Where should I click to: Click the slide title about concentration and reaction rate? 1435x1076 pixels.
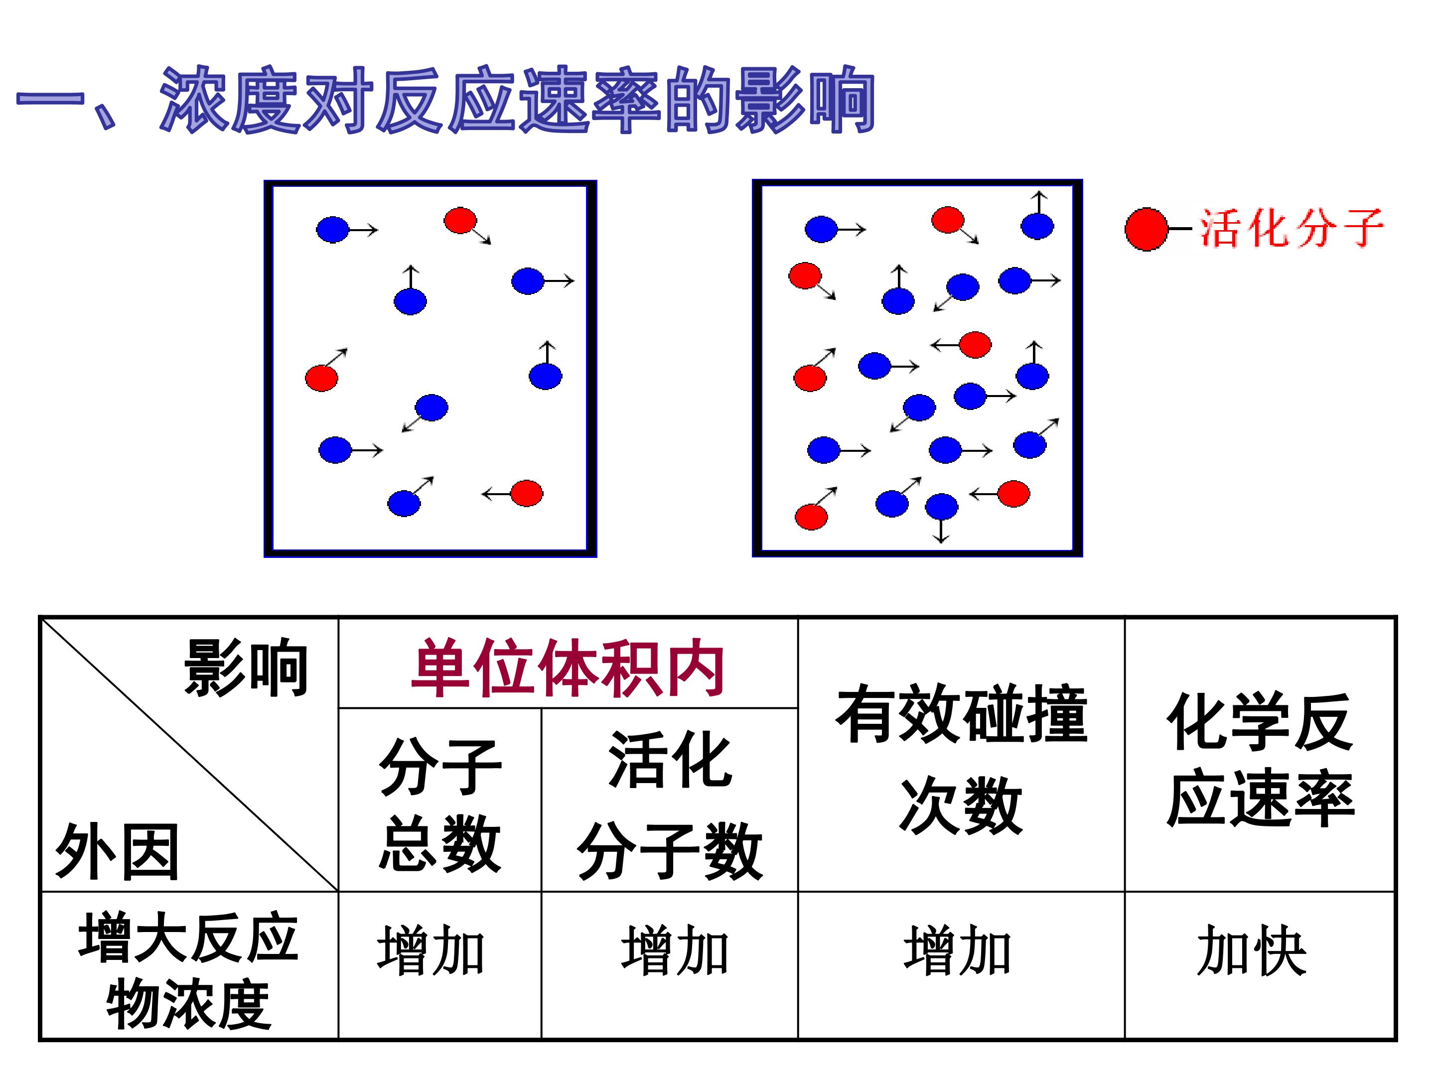[x=445, y=101]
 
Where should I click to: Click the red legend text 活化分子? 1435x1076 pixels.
[x=1291, y=228]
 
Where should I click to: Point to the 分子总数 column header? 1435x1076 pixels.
[x=440, y=805]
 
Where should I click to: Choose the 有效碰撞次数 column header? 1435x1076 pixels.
[x=962, y=759]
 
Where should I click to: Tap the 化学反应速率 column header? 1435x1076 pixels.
[x=1260, y=760]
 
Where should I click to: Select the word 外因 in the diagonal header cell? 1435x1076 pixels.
[x=117, y=851]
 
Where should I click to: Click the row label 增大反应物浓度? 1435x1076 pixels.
[x=188, y=970]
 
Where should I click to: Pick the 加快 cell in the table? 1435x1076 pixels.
[x=1252, y=951]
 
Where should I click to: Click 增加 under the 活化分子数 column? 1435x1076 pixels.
[x=675, y=951]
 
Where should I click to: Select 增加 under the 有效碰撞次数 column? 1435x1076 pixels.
[x=958, y=951]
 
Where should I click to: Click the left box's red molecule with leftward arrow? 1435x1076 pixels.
[x=526, y=493]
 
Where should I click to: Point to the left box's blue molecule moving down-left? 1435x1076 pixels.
[x=431, y=407]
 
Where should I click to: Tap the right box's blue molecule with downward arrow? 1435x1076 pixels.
[x=941, y=507]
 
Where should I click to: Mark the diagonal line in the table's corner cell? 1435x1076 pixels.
[x=189, y=754]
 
